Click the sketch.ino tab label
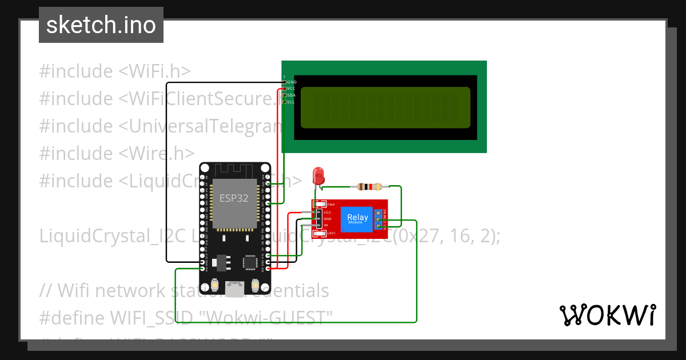pos(101,25)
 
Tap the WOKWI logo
pos(607,315)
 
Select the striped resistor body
pos(370,186)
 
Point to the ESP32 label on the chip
pos(234,198)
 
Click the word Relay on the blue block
pos(358,217)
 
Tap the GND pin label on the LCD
pos(292,82)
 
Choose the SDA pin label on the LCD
pos(291,95)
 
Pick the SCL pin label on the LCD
pos(291,102)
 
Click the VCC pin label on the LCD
pos(291,89)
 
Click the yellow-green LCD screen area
pos(384,107)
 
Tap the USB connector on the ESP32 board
pos(234,289)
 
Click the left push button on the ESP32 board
pos(215,284)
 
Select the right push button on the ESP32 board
pos(255,284)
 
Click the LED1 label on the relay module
pos(330,233)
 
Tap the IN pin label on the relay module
pos(326,226)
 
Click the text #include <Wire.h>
pos(117,153)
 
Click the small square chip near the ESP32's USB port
pos(250,262)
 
